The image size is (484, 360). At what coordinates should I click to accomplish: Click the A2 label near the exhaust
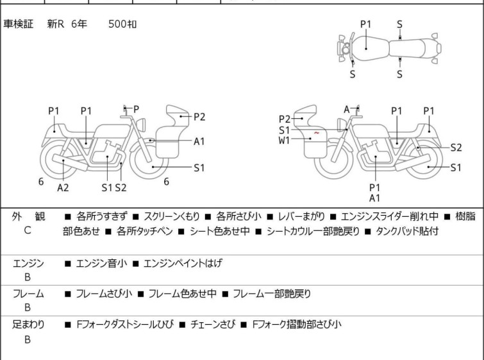pyautogui.click(x=63, y=188)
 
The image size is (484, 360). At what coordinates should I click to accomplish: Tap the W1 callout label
pyautogui.click(x=284, y=140)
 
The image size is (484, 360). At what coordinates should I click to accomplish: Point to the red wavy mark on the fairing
pyautogui.click(x=316, y=133)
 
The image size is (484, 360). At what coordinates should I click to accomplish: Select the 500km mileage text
pyautogui.click(x=122, y=24)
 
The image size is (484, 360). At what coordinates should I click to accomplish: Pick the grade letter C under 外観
pyautogui.click(x=28, y=230)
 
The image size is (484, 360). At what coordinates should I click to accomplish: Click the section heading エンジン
pyautogui.click(x=28, y=263)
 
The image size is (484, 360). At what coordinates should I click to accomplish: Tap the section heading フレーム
pyautogui.click(x=28, y=295)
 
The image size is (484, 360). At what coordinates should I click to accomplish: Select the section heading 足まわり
pyautogui.click(x=28, y=325)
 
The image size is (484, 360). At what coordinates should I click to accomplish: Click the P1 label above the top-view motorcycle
pyautogui.click(x=365, y=24)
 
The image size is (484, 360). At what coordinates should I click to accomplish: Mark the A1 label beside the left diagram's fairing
pyautogui.click(x=199, y=142)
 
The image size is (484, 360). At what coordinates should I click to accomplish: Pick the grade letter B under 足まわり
pyautogui.click(x=28, y=339)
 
